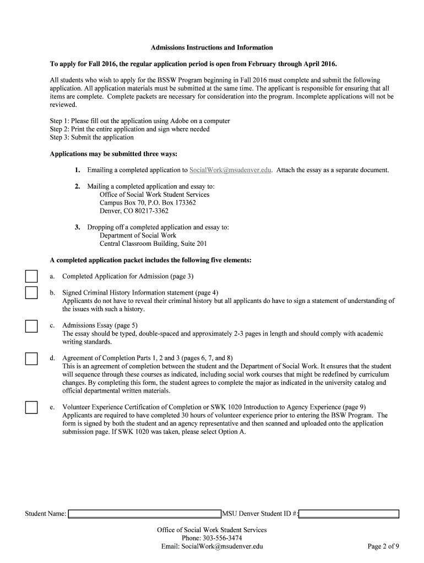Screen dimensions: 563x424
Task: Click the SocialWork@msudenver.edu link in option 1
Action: (230, 170)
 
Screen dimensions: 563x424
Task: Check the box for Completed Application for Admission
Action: (31, 276)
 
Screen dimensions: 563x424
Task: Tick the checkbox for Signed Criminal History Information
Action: (31, 292)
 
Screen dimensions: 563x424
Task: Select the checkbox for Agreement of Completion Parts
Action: (31, 358)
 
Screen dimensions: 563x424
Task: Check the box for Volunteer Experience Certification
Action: (31, 407)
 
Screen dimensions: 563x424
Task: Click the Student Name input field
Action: (144, 514)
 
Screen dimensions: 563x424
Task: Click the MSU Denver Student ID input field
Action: (350, 514)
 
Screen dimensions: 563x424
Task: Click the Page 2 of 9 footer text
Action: (383, 546)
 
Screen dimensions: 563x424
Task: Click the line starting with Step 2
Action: (129, 129)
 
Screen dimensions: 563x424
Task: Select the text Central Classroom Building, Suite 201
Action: (153, 243)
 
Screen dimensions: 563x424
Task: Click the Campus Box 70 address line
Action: (148, 202)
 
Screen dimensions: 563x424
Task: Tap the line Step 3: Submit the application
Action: (92, 137)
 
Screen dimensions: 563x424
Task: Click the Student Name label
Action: (45, 514)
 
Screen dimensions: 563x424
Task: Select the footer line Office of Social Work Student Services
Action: (211, 529)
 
